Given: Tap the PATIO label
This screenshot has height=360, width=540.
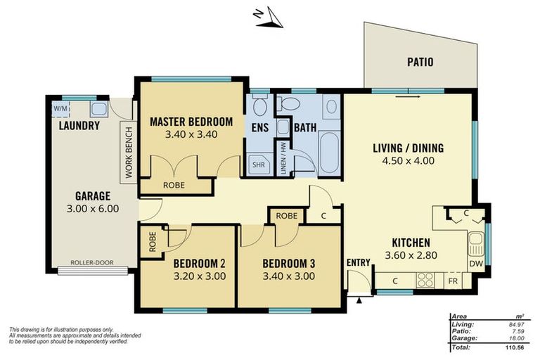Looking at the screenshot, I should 420,63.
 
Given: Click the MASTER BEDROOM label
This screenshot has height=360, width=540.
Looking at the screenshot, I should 191,121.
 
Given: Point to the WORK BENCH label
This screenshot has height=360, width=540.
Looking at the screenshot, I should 129,153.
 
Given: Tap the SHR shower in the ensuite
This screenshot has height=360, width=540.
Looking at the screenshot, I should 259,165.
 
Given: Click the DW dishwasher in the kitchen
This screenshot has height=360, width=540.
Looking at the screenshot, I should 476,264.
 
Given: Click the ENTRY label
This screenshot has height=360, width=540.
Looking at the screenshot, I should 358,263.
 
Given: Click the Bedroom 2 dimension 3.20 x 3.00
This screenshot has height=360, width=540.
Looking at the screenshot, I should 199,276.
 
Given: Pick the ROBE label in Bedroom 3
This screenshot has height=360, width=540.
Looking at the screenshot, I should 286,216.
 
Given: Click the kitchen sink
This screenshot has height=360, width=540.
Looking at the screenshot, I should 476,243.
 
